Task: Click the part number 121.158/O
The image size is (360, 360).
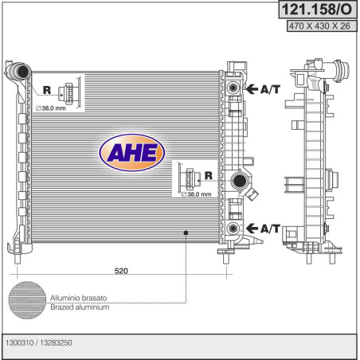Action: pos(317,10)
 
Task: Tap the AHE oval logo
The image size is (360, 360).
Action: pos(132,153)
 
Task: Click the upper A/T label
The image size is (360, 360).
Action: pos(270,89)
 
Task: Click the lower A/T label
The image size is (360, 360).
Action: pos(270,229)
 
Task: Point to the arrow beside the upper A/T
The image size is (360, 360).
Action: pos(252,89)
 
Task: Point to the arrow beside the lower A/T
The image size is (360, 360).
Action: pos(252,228)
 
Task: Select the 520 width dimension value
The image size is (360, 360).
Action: pos(121,271)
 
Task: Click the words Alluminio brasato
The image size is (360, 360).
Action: pos(79,298)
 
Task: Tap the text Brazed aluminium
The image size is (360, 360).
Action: pos(80,307)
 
